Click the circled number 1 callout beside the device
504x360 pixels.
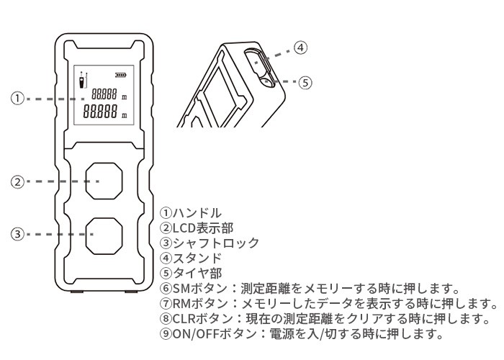[17, 98]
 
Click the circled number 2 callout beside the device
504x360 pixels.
[17, 181]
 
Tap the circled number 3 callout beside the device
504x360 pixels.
[17, 234]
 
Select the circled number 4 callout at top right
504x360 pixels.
[301, 48]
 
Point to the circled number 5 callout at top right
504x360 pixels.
[305, 82]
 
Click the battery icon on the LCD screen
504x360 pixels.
[118, 74]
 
